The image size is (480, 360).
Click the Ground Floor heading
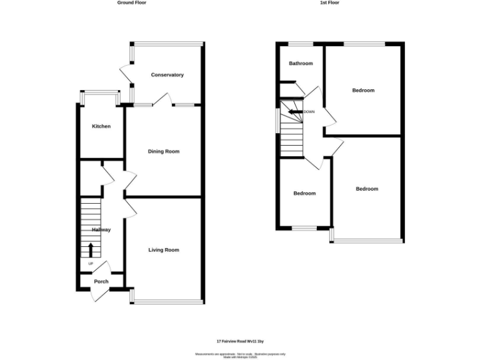(x=132, y=2)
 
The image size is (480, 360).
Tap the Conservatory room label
(x=167, y=75)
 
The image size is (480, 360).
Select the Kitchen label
(x=101, y=126)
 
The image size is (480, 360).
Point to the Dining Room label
(x=164, y=151)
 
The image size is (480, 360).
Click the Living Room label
(x=164, y=250)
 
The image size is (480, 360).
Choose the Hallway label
(x=101, y=230)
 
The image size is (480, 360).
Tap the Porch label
(x=101, y=281)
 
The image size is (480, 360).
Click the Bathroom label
(x=301, y=63)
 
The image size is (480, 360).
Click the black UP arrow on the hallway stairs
(x=91, y=250)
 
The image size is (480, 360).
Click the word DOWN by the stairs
(x=309, y=112)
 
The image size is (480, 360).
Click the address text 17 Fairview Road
(x=241, y=341)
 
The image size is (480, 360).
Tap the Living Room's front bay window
(x=167, y=303)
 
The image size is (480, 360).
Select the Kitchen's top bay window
(x=100, y=94)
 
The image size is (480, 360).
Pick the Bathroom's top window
(x=301, y=44)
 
